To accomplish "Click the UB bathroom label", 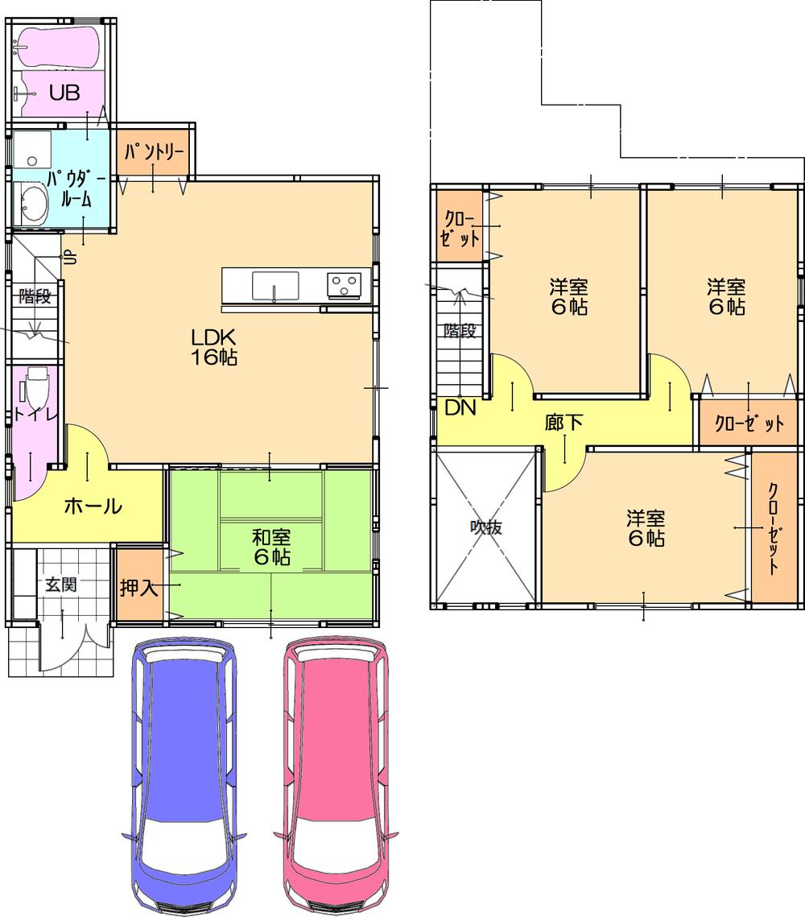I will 64,93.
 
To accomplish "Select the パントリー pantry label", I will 155,151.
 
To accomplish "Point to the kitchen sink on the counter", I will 275,285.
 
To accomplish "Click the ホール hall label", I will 92,506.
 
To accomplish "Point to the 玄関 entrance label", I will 60,584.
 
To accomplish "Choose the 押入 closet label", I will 139,587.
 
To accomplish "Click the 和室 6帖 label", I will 270,547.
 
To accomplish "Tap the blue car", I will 184,773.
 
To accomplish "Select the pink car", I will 337,773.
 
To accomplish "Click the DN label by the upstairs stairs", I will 460,407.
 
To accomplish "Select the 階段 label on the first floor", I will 35,296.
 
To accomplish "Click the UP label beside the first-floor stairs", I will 69,258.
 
